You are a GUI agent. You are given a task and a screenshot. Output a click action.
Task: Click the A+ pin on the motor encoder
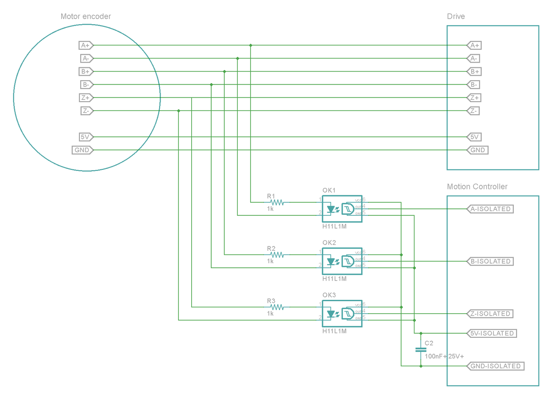(86, 45)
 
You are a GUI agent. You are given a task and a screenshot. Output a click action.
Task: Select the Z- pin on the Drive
(473, 111)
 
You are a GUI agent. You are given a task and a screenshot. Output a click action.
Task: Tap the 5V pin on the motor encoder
(86, 137)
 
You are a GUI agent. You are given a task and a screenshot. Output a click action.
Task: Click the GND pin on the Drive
(477, 150)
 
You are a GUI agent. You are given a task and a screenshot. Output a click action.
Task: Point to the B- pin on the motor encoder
(86, 84)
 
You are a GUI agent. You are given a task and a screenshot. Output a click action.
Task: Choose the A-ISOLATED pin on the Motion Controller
(490, 209)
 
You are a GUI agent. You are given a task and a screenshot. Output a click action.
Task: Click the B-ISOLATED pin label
(490, 261)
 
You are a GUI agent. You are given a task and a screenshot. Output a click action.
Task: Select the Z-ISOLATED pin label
(490, 314)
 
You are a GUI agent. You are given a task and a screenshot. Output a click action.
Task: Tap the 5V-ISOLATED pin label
(492, 333)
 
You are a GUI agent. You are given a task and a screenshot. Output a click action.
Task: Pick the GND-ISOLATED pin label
(495, 366)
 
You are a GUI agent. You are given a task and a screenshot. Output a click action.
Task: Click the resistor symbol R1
(277, 202)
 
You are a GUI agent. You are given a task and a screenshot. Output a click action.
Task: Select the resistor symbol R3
(277, 307)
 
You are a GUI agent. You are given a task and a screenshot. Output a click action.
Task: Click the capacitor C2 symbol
(421, 349)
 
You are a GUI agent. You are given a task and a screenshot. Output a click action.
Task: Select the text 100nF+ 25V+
(444, 356)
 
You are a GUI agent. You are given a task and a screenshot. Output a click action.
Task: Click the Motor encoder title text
(86, 17)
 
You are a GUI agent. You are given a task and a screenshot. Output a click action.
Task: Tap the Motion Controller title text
(477, 187)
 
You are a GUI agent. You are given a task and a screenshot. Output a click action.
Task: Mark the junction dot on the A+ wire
(251, 45)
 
